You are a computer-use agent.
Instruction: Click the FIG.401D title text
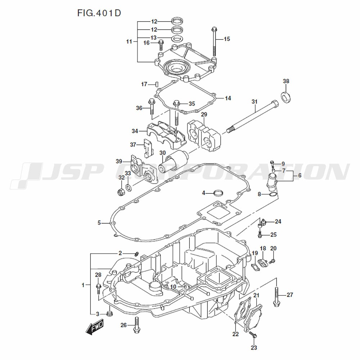[99, 13]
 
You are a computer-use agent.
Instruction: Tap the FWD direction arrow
[95, 327]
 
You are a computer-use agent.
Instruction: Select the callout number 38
[286, 81]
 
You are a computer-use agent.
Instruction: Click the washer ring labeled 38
[287, 96]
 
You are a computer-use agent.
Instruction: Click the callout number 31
[255, 102]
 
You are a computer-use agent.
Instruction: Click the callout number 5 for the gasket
[99, 223]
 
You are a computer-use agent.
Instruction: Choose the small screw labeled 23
[253, 336]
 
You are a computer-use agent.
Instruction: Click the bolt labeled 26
[136, 325]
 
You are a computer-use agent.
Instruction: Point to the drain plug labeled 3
[110, 314]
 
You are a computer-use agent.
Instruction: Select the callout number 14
[228, 98]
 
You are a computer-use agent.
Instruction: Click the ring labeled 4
[218, 193]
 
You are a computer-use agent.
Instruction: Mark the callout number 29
[204, 114]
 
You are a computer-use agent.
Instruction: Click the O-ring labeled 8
[273, 195]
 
